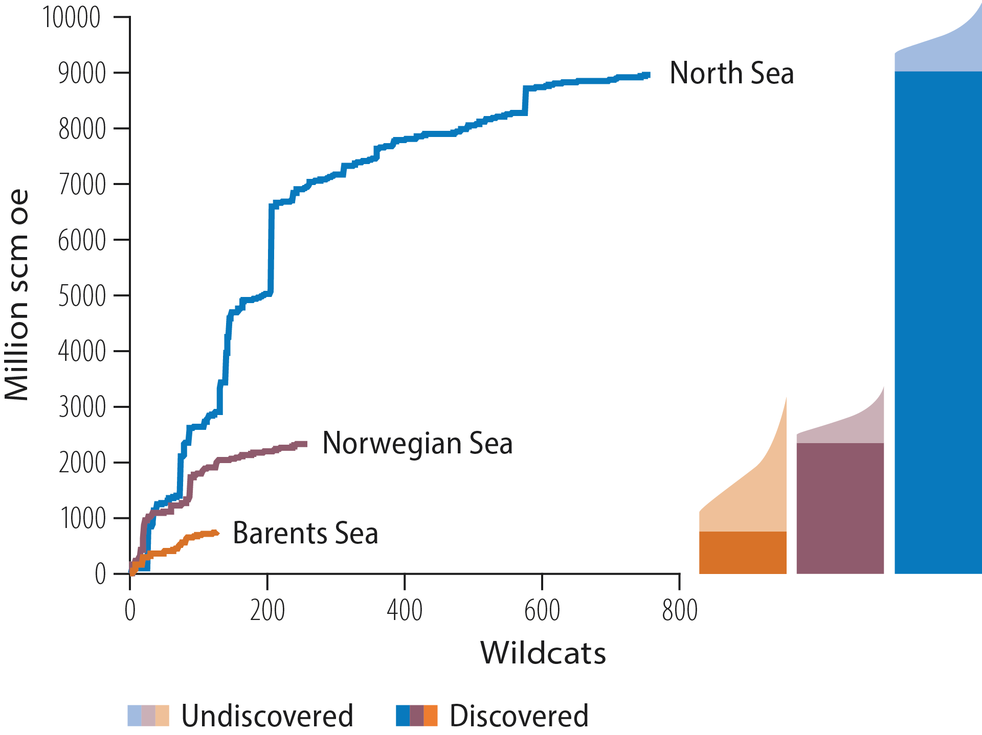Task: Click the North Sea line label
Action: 731,73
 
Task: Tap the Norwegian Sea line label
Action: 417,443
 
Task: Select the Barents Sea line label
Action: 305,533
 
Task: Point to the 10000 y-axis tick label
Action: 72,18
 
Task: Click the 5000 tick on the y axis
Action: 82,296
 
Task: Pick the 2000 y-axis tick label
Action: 82,463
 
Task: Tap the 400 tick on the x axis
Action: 405,610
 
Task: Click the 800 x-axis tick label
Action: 679,610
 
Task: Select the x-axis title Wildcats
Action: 543,653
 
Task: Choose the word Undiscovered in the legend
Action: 267,716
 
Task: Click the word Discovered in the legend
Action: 519,716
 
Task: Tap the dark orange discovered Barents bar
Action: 743,553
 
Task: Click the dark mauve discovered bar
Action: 840,509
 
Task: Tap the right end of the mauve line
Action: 305,444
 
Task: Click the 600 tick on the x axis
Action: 542,610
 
